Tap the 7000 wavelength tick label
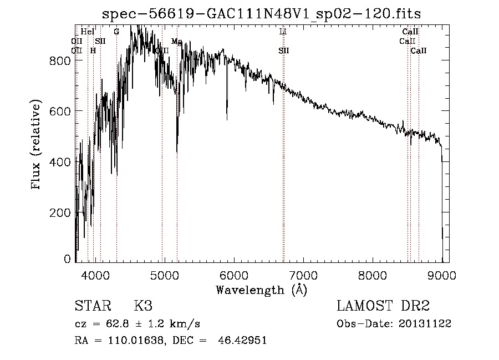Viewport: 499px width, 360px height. point(303,275)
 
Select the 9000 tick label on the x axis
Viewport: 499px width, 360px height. point(442,275)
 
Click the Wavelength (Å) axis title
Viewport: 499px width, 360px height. point(261,290)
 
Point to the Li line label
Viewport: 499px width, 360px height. point(283,32)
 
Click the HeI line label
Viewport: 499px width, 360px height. point(88,32)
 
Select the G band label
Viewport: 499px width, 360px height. point(116,32)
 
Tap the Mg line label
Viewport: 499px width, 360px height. point(177,42)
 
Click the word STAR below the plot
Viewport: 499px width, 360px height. point(93,306)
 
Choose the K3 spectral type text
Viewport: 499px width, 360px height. point(143,306)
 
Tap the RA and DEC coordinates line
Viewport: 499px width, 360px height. point(171,341)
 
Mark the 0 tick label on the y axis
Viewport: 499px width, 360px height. point(68,259)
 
